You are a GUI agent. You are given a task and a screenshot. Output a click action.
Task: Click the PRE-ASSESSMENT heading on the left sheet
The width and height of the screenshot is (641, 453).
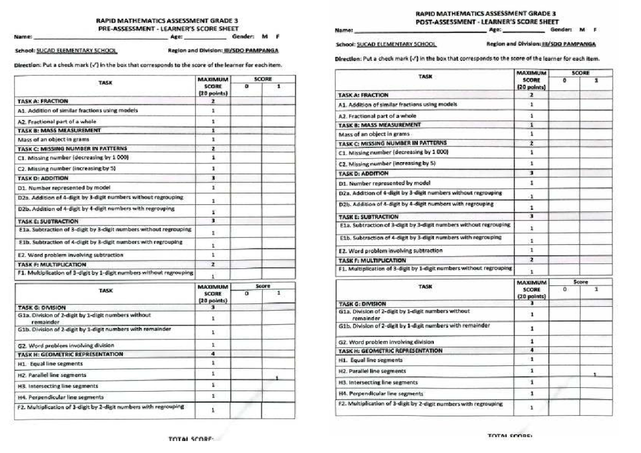pos(167,29)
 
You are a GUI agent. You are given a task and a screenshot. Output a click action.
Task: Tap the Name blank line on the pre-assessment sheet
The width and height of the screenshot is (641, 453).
pos(101,38)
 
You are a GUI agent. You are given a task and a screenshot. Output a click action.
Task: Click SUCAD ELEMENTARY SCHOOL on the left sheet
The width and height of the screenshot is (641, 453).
pos(77,51)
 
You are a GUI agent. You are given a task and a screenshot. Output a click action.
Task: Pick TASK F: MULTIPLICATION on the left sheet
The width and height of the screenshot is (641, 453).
pos(52,264)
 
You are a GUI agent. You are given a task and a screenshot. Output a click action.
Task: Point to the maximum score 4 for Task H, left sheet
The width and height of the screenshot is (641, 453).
pos(213,354)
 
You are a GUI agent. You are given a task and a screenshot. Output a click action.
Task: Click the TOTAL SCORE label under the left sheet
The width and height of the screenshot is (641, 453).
pos(191,439)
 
